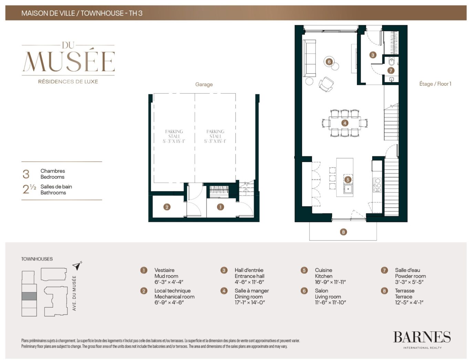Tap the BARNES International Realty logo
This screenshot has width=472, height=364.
[422, 339]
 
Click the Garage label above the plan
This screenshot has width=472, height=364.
[204, 84]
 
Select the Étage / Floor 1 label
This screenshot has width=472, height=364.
[435, 84]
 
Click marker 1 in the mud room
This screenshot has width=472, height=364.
[220, 207]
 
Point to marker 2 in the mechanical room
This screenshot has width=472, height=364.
[167, 207]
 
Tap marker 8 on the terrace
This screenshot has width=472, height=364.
[343, 232]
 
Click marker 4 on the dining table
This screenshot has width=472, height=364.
[345, 123]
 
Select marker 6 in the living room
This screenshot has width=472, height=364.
[329, 62]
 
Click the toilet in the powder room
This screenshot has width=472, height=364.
[391, 62]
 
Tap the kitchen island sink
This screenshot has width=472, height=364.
[348, 189]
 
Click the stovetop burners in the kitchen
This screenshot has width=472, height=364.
[377, 185]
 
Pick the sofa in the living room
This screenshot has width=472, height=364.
[309, 58]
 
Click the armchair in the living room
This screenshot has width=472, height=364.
[326, 84]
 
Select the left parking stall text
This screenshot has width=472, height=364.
[174, 136]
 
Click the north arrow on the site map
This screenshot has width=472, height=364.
[77, 266]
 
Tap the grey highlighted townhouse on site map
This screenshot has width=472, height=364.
[29, 296]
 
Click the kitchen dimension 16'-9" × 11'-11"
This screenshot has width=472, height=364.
[330, 282]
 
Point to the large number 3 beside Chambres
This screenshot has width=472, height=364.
[26, 174]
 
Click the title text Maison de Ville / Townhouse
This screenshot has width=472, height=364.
[82, 13]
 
